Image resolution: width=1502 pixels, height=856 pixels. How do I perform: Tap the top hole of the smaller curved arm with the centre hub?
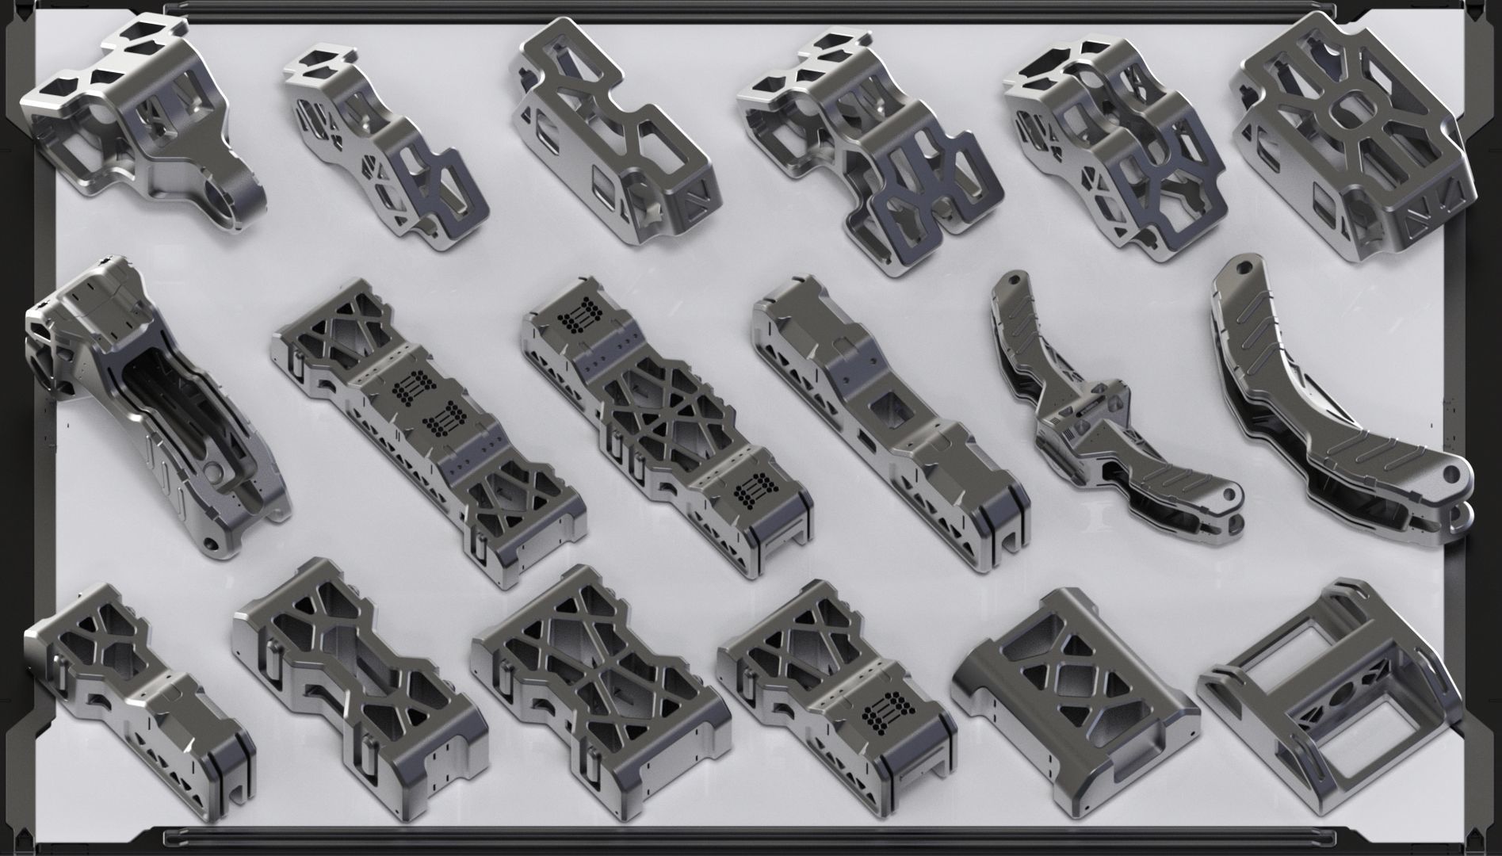(x=1012, y=280)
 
